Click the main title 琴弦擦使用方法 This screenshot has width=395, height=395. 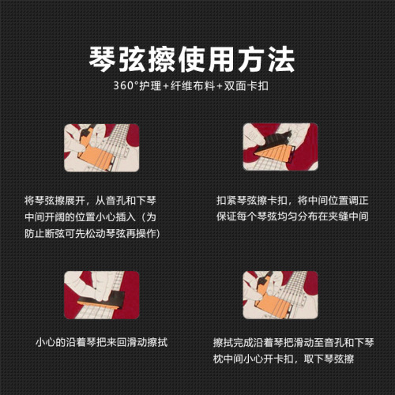[x=197, y=58]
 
